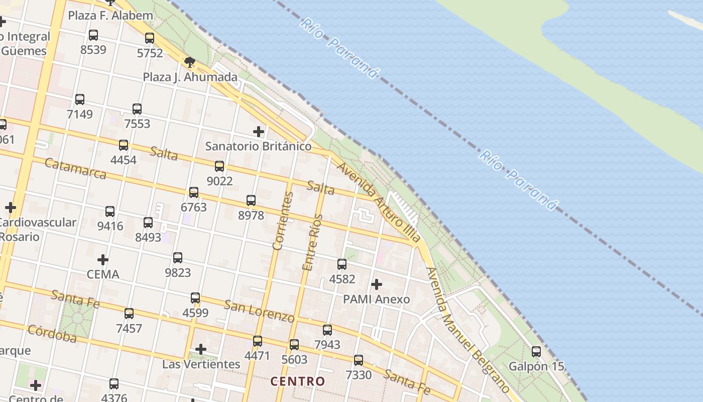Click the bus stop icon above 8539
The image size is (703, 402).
[x=93, y=35]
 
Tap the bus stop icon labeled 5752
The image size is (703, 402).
[x=150, y=38]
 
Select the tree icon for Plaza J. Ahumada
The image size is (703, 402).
[x=190, y=62]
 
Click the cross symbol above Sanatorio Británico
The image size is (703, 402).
[x=259, y=132]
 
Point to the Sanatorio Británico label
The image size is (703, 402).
[x=259, y=146]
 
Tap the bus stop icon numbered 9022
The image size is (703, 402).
[x=219, y=166]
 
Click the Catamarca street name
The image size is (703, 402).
[x=75, y=168]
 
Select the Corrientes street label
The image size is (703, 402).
[x=282, y=221]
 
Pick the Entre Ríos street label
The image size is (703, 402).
[x=312, y=242]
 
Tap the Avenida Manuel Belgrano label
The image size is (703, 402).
[x=467, y=330]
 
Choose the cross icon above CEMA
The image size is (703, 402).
[x=103, y=260]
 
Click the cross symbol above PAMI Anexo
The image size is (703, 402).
[x=376, y=284]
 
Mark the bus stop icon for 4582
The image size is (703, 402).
[x=342, y=264]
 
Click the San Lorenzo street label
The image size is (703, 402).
[x=259, y=311]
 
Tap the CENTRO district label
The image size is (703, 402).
[x=298, y=381]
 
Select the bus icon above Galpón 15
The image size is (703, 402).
[x=536, y=352]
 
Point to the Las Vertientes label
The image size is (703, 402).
[x=201, y=364]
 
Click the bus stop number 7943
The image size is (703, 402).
[x=327, y=345]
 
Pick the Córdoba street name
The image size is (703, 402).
[x=52, y=333]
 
